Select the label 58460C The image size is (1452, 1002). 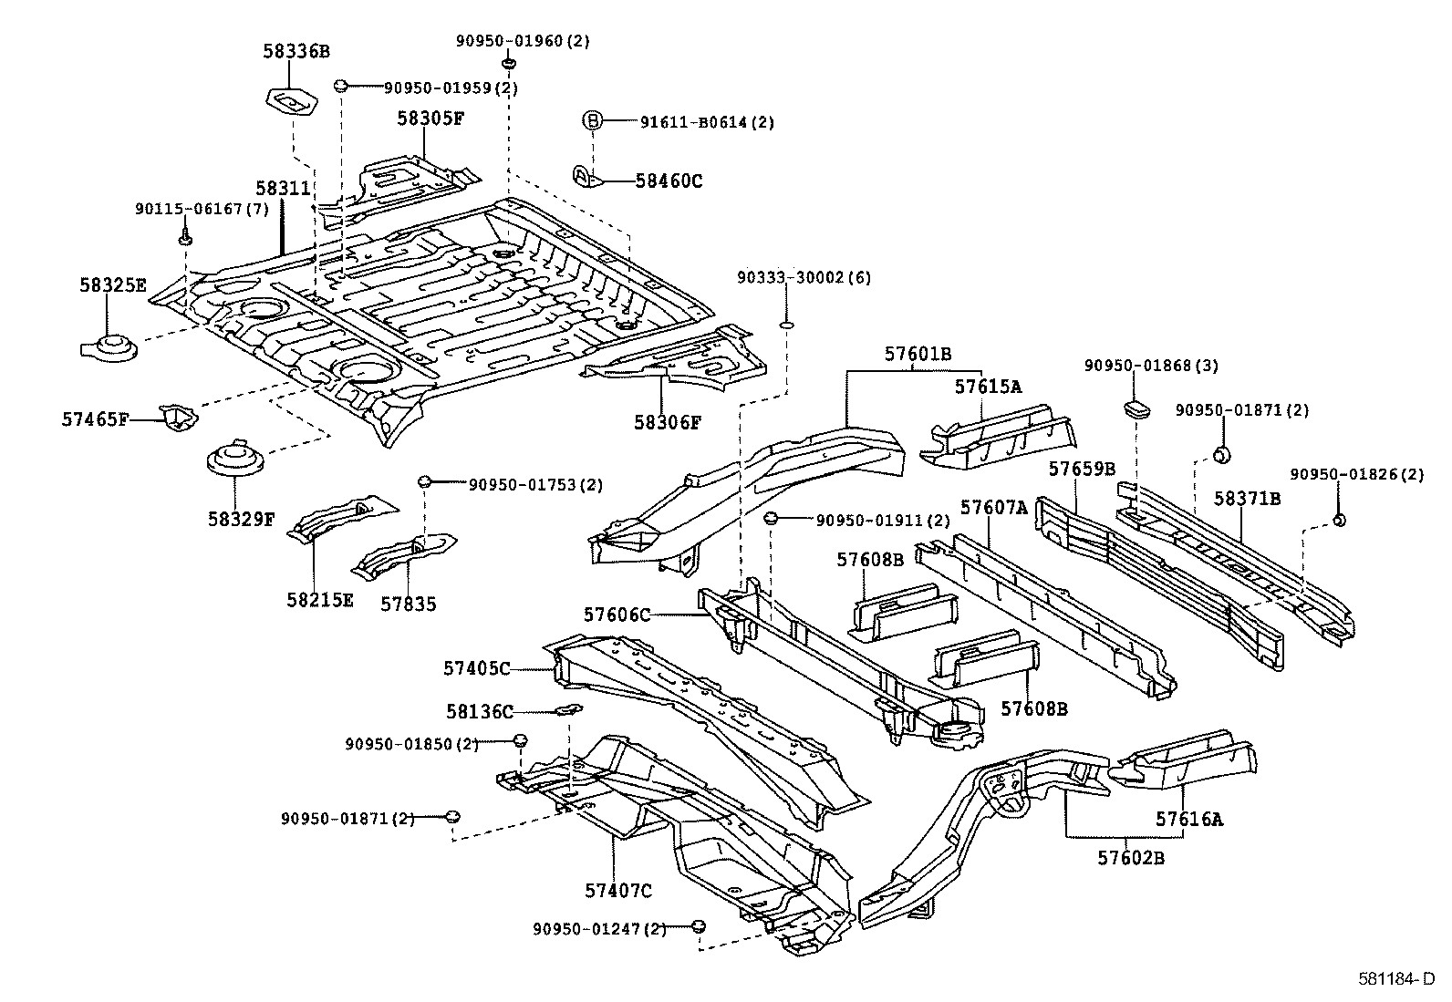coord(669,181)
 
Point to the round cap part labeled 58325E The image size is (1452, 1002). coord(109,347)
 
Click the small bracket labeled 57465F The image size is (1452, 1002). coord(179,417)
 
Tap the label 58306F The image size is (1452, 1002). coord(668,422)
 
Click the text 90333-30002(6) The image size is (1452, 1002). coord(804,277)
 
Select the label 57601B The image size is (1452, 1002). coord(917,354)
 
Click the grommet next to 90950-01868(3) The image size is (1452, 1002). coord(1136,407)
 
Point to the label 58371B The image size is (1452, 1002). coord(1247,498)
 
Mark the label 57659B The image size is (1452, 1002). coord(1081,469)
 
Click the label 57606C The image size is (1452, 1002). coord(617,615)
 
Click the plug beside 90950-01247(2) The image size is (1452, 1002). coord(698,927)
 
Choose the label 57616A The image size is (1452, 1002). coord(1188,819)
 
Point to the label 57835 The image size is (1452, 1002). coord(408,604)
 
